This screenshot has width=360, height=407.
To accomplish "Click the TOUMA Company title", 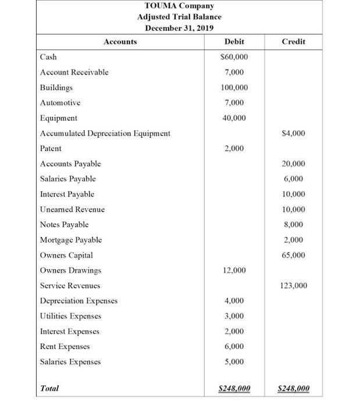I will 179,6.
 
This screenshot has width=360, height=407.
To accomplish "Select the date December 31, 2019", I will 179,28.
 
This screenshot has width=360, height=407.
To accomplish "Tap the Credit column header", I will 293,42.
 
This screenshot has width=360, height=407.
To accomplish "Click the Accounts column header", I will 120,42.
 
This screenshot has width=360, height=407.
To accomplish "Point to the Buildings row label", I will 56,88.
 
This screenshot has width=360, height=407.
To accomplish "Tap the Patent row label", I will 51,149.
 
